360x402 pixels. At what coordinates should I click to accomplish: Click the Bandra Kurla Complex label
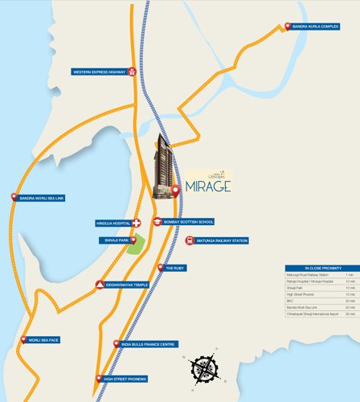322,27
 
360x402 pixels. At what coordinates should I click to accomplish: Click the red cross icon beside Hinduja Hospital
137,223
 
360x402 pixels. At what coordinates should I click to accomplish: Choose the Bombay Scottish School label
187,221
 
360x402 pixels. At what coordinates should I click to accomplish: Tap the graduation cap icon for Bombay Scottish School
157,221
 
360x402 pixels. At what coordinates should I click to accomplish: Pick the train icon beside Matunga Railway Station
190,240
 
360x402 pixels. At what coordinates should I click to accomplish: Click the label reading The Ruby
175,268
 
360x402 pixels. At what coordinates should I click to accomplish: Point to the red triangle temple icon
100,285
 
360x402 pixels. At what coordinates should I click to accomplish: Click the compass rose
206,369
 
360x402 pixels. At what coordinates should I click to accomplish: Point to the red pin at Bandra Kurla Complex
288,27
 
